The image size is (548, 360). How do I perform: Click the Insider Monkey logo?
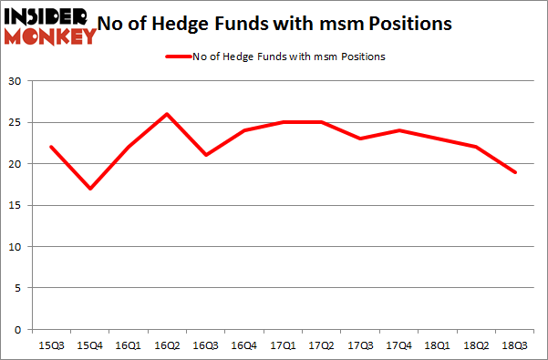click(49, 25)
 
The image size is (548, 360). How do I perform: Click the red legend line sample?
click(178, 57)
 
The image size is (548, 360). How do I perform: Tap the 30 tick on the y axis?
click(16, 81)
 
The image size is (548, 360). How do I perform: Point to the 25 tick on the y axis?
click(16, 123)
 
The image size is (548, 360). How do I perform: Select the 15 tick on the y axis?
click(16, 206)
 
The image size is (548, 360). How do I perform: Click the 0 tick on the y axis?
click(19, 330)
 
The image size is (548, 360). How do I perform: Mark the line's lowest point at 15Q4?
click(89, 189)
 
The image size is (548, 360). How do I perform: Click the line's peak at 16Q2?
click(165, 114)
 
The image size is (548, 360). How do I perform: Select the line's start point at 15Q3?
click(52, 147)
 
